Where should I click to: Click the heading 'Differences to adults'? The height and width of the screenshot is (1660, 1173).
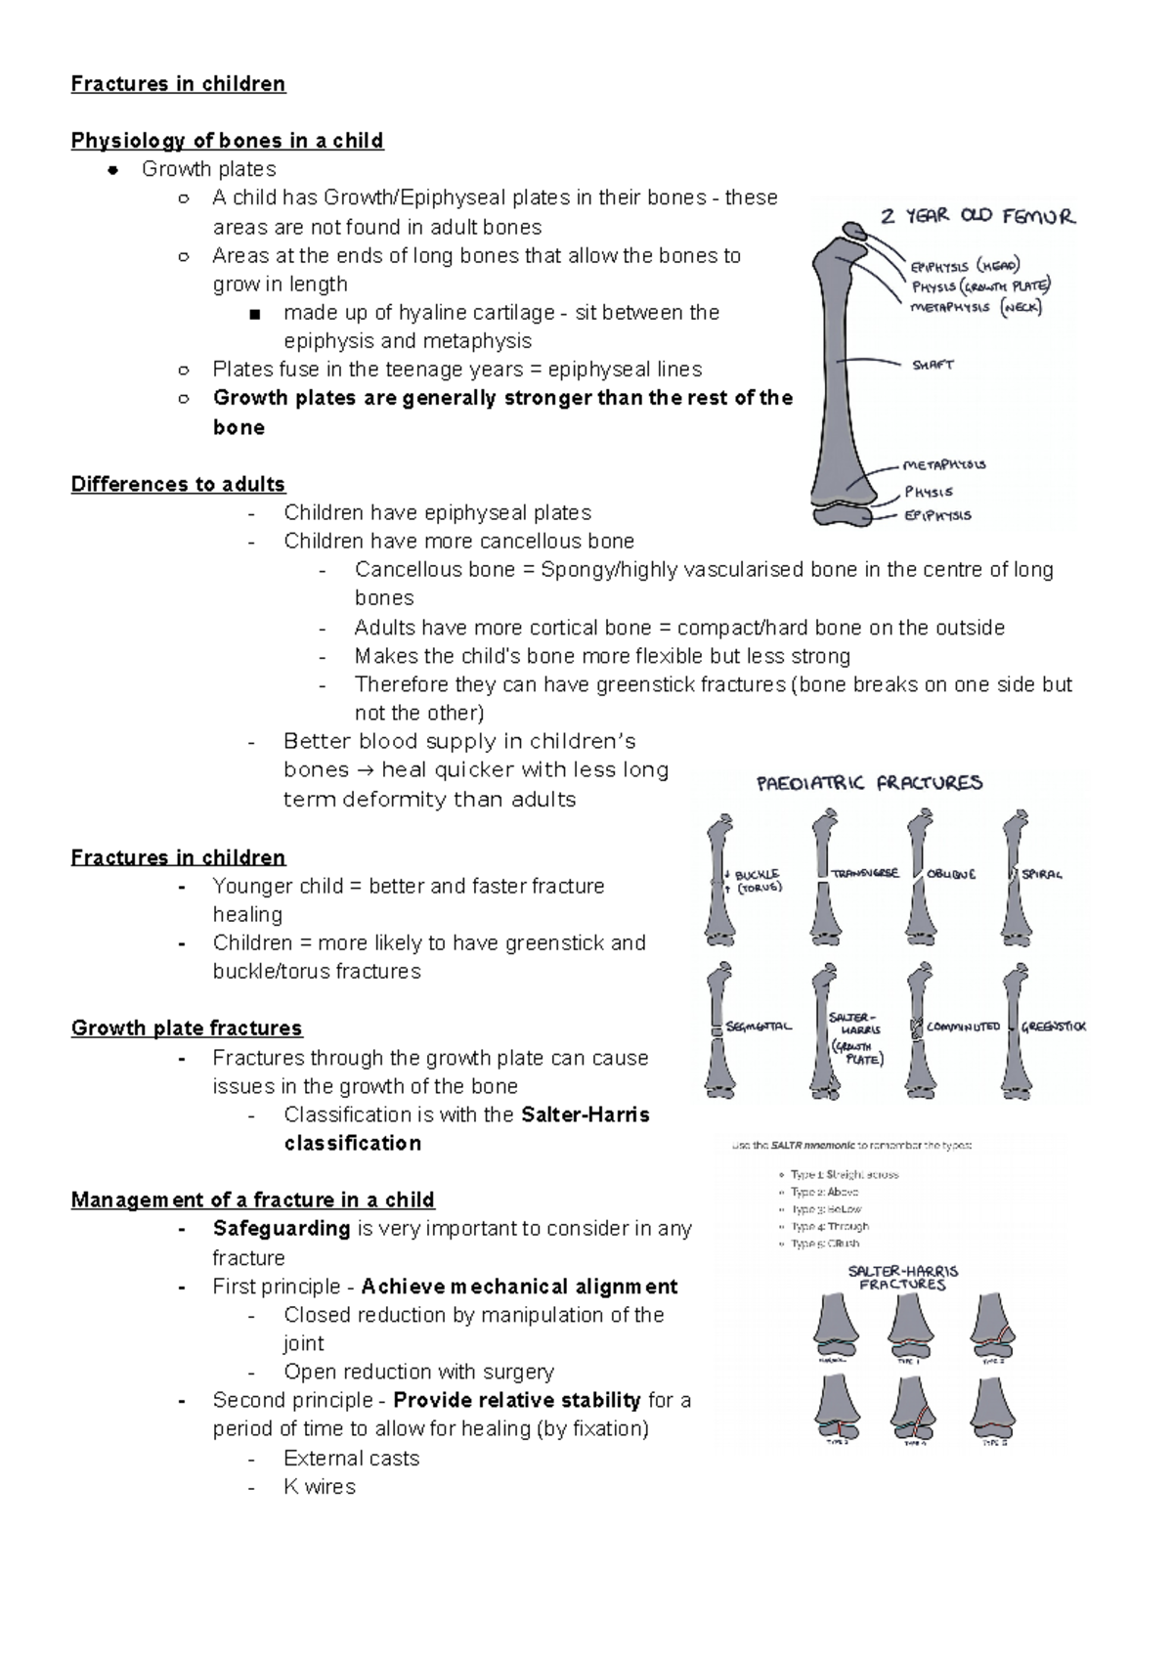pyautogui.click(x=178, y=484)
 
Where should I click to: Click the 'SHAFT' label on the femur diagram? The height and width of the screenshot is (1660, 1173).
pyautogui.click(x=933, y=365)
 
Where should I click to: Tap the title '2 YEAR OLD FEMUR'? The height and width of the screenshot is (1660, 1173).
pyautogui.click(x=977, y=216)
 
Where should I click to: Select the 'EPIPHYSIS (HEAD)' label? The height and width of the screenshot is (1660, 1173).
pyautogui.click(x=965, y=266)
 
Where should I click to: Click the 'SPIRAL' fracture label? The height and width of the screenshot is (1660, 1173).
pyautogui.click(x=1042, y=874)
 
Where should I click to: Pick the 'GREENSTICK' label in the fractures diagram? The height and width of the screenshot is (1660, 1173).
pyautogui.click(x=1054, y=1027)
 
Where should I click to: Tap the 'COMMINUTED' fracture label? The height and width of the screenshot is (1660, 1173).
pyautogui.click(x=963, y=1027)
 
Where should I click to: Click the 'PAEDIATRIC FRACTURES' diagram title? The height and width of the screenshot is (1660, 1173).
pyautogui.click(x=869, y=783)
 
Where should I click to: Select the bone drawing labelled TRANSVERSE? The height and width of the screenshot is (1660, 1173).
pyautogui.click(x=824, y=875)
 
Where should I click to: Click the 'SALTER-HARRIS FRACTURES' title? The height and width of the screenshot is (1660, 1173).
pyautogui.click(x=902, y=1278)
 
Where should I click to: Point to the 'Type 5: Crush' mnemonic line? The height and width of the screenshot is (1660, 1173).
pyautogui.click(x=826, y=1244)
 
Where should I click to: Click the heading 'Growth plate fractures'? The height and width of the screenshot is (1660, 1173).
pyautogui.click(x=186, y=1028)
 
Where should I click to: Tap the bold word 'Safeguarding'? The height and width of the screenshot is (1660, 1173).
pyautogui.click(x=282, y=1228)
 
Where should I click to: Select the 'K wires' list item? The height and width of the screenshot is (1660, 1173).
pyautogui.click(x=320, y=1486)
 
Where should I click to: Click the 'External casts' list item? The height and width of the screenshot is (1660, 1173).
pyautogui.click(x=351, y=1458)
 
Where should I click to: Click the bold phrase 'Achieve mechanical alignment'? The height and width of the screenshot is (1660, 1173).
pyautogui.click(x=519, y=1286)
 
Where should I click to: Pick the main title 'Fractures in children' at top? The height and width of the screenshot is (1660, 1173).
pyautogui.click(x=178, y=84)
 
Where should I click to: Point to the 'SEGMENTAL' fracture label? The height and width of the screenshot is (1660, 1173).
pyautogui.click(x=759, y=1027)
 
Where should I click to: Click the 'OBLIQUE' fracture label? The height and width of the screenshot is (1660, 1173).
pyautogui.click(x=951, y=874)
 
